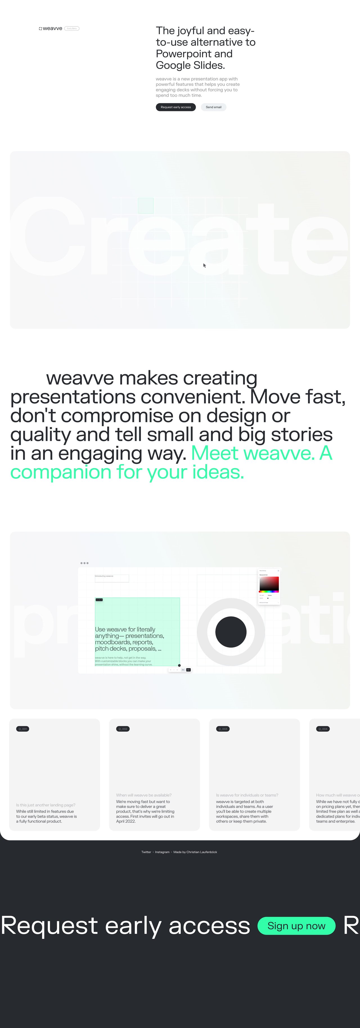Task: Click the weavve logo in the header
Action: pyautogui.click(x=51, y=28)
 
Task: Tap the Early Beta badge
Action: pyautogui.click(x=72, y=28)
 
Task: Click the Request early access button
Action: pyautogui.click(x=175, y=107)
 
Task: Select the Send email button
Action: pyautogui.click(x=213, y=107)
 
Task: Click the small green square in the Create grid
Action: pyautogui.click(x=146, y=206)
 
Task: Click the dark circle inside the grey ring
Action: pyautogui.click(x=231, y=632)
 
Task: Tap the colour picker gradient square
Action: pyautogui.click(x=269, y=583)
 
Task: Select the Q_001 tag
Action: pyautogui.click(x=23, y=729)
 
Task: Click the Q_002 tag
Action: pyautogui.click(x=123, y=729)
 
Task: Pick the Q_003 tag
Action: pyautogui.click(x=223, y=729)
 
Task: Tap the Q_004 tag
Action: pyautogui.click(x=323, y=729)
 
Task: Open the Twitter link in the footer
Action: pyautogui.click(x=146, y=852)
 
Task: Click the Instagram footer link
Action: pyautogui.click(x=162, y=852)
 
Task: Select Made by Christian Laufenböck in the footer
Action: pyautogui.click(x=195, y=852)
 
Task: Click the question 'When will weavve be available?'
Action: pyautogui.click(x=144, y=795)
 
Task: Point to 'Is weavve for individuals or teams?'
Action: pyautogui.click(x=247, y=795)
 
